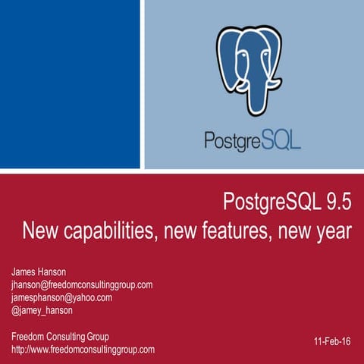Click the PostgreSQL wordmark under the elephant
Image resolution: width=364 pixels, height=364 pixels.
[252, 140]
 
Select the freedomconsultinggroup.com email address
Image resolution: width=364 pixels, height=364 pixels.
[82, 284]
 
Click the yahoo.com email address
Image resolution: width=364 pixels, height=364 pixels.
[61, 297]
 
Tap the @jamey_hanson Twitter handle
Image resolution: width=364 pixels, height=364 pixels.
[44, 311]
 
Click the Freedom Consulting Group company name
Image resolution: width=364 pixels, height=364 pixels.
[60, 336]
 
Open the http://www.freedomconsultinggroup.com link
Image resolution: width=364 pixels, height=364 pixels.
[83, 350]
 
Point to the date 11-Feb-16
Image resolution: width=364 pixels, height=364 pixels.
[331, 342]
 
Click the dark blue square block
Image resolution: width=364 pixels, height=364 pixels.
[70, 83]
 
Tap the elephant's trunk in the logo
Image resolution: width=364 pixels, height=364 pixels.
[249, 91]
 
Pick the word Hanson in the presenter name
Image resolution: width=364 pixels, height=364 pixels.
[55, 271]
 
